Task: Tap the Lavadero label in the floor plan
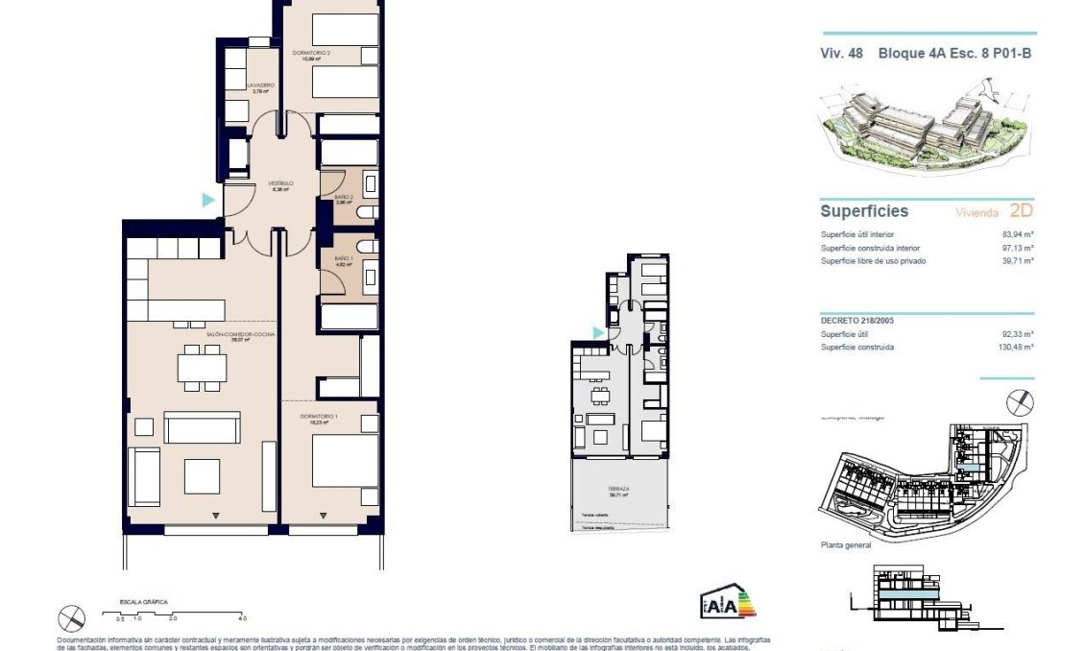260,86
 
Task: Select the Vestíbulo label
280,183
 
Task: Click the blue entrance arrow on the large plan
207,200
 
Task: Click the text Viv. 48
840,55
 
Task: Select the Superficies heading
863,211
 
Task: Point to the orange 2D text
1021,211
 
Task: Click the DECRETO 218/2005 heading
859,322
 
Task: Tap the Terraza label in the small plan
618,490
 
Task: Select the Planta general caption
845,545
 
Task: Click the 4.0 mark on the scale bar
243,619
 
